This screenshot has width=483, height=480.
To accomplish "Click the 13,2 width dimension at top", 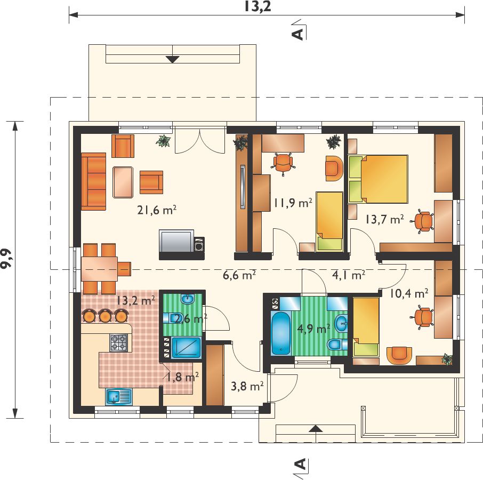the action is (257, 6).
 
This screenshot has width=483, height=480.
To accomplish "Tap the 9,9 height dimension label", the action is (7, 258).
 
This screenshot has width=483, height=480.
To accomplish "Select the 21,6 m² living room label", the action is (157, 210).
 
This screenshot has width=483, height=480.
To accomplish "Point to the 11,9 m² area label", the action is (293, 203).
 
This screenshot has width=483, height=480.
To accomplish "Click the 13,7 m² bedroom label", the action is (384, 219).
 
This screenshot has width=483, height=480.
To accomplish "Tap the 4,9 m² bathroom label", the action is (313, 329).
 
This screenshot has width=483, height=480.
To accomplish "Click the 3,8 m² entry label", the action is (247, 386).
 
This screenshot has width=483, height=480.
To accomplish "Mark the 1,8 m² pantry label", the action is (182, 377).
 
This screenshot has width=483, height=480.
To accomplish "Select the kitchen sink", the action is (118, 396).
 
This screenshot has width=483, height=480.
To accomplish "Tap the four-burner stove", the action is (118, 342).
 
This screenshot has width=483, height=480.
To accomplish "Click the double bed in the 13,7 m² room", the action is (378, 179).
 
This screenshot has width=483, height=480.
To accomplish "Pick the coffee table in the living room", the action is (123, 182).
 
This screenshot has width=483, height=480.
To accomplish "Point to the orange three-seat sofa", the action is (94, 181).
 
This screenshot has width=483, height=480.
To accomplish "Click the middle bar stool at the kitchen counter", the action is (105, 316).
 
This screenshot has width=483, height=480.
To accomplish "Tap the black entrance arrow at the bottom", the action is (316, 429).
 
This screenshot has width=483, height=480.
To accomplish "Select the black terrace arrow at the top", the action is (173, 59).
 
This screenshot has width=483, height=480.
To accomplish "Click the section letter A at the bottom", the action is (300, 464).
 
